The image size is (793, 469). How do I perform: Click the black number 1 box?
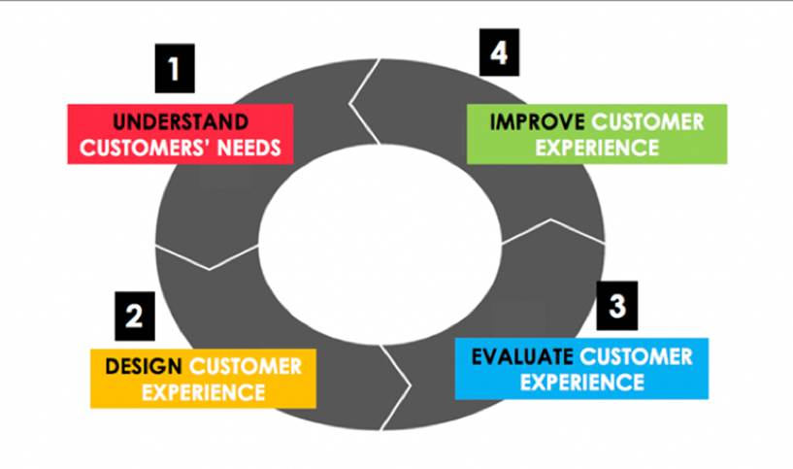174,70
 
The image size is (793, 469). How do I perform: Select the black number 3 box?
617,307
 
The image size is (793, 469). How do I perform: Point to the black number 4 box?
498,52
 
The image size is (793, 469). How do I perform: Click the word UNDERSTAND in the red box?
180,122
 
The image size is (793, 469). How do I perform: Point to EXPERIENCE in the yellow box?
203,392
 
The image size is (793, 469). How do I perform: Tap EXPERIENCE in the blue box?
581,382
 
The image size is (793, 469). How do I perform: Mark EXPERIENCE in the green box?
597,148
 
